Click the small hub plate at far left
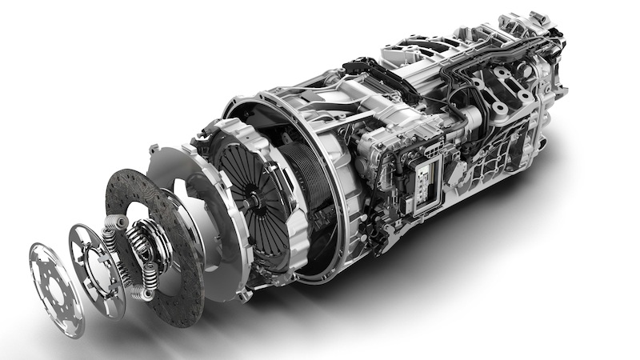coord(54,277)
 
